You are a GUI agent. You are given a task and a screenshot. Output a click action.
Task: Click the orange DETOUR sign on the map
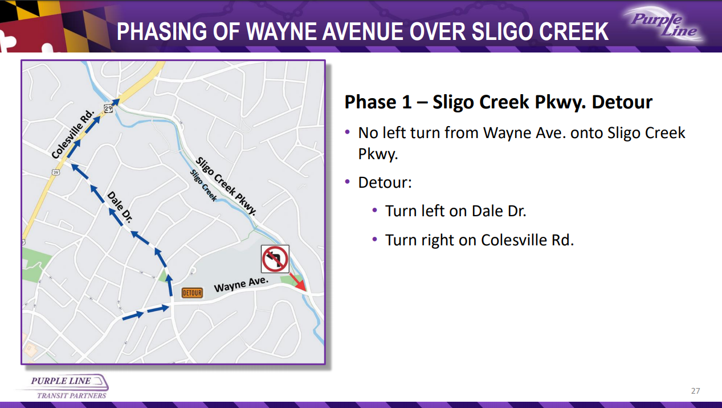[192, 293]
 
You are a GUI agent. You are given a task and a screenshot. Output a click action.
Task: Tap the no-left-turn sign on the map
[275, 259]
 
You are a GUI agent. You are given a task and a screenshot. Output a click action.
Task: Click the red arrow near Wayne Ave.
[297, 282]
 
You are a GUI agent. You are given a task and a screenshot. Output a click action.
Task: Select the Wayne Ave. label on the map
[241, 284]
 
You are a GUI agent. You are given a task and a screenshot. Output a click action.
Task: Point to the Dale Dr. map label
[120, 207]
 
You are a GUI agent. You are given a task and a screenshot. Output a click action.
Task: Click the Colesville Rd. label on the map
[73, 134]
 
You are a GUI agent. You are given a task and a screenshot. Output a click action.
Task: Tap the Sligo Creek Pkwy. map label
[226, 186]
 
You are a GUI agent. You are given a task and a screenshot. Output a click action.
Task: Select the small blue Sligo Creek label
[203, 185]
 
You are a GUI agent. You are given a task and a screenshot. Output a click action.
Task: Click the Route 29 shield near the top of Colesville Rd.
[108, 108]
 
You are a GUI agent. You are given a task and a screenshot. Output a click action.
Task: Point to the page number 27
[695, 391]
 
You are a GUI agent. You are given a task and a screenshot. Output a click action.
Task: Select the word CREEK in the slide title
[572, 31]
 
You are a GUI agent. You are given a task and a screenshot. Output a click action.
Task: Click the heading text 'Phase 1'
[378, 102]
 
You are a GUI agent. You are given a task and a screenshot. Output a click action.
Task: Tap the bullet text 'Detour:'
[385, 183]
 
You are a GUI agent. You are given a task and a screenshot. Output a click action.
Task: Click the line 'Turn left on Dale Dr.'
[455, 211]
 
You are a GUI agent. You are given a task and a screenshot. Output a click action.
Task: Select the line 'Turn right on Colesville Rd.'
[479, 240]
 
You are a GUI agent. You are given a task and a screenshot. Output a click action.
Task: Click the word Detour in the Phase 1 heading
[622, 102]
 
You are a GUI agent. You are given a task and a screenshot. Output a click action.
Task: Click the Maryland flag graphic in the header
[48, 26]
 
